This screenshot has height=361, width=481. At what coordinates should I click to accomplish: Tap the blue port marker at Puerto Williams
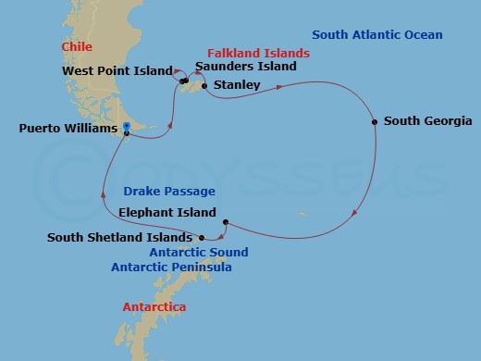coord(126,131)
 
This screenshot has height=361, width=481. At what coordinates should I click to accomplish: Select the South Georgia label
coord(427,121)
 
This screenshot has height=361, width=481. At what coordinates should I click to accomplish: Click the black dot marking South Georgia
coord(375,121)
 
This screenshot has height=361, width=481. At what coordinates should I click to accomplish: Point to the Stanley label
coord(236,85)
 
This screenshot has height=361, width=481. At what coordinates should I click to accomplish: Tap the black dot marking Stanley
coord(203,86)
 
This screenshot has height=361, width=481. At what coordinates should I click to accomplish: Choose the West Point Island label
coord(117,70)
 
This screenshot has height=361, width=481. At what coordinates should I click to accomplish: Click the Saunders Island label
coord(246,67)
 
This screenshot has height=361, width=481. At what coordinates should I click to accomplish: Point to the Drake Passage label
coord(168,192)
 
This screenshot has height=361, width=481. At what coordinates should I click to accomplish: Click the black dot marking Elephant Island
coord(225,221)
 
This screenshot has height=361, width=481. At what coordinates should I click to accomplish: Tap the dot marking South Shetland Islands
coord(202,238)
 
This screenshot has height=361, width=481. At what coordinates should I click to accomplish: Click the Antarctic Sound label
coord(198,252)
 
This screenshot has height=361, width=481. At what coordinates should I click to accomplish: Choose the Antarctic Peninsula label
coord(171,268)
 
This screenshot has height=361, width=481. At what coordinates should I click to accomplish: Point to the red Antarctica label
coord(154,306)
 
